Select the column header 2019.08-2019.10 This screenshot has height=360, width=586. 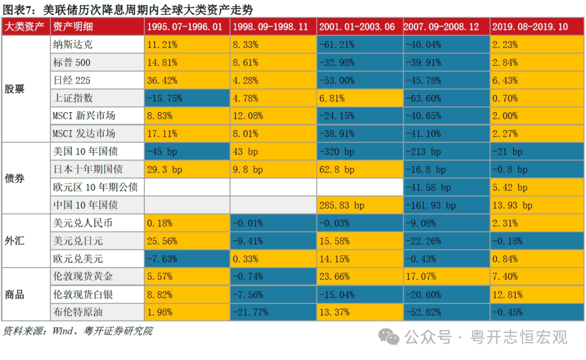pyautogui.click(x=530, y=27)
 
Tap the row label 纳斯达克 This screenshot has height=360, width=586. pyautogui.click(x=73, y=45)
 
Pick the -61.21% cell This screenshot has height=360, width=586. pyautogui.click(x=336, y=45)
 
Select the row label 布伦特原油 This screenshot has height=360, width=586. pyautogui.click(x=78, y=312)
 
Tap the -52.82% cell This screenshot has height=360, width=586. pyautogui.click(x=423, y=312)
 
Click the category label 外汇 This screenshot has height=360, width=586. pyautogui.click(x=15, y=240)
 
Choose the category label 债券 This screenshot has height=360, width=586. pyautogui.click(x=15, y=178)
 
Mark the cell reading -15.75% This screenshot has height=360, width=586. pyautogui.click(x=164, y=98)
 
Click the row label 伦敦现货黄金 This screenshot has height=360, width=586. pyautogui.click(x=82, y=277)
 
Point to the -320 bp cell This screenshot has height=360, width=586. pyautogui.click(x=336, y=152)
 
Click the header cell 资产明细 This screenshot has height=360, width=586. pyautogui.click(x=73, y=27)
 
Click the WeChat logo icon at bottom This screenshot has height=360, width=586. pyautogui.click(x=389, y=337)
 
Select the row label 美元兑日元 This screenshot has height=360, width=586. pyautogui.click(x=78, y=241)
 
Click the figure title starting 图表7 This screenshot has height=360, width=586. pyautogui.click(x=128, y=9)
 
